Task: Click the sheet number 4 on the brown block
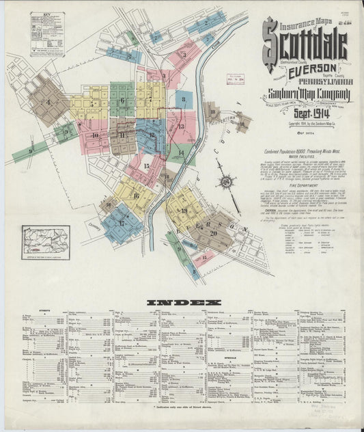48,103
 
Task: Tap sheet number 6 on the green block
122,101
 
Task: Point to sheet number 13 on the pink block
180,126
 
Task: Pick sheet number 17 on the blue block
122,224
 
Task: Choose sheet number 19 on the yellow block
184,211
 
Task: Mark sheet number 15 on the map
146,165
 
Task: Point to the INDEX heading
184,302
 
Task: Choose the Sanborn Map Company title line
306,94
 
